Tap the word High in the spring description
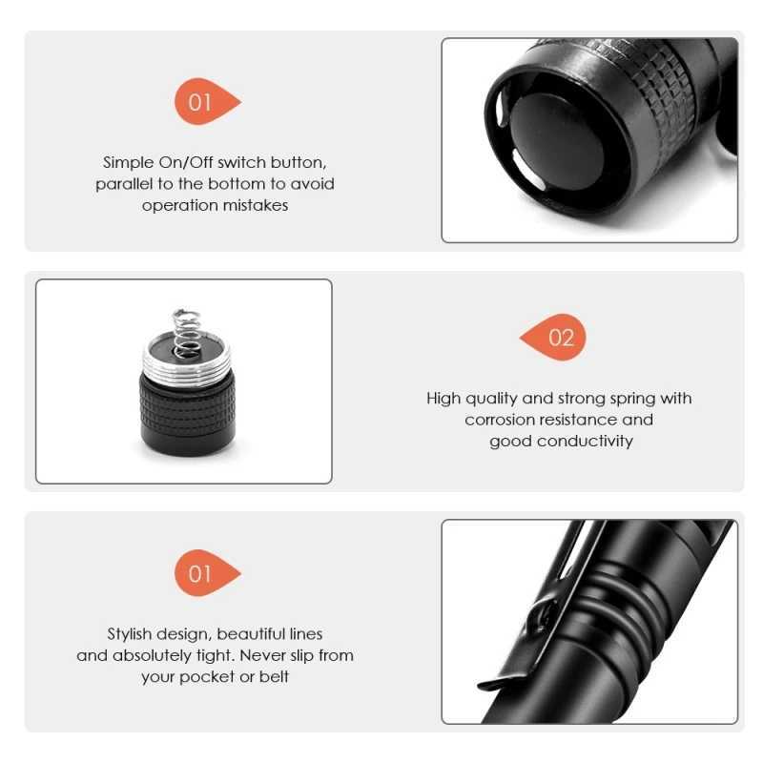(443, 399)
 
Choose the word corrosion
(502, 420)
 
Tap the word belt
(274, 676)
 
